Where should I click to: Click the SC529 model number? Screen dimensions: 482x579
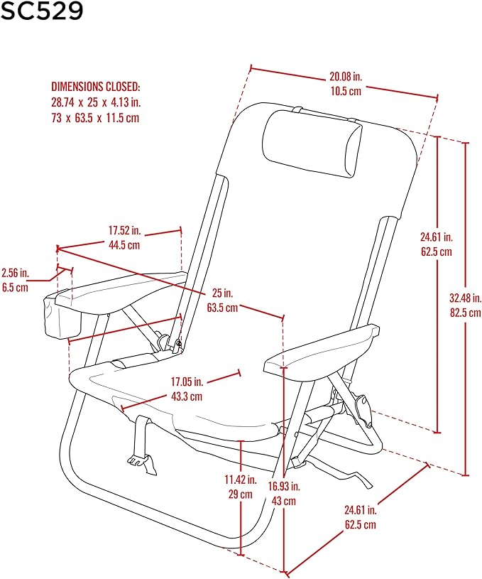click(x=42, y=11)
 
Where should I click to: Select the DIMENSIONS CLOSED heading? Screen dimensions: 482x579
click(x=96, y=87)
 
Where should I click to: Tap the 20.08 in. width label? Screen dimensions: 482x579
click(x=346, y=77)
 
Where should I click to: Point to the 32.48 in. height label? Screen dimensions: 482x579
click(x=466, y=298)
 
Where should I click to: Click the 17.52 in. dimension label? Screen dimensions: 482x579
click(x=124, y=230)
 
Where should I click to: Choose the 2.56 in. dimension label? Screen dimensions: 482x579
click(x=15, y=273)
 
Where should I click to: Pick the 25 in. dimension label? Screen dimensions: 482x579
click(x=223, y=293)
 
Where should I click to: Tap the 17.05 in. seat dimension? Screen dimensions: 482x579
click(x=187, y=382)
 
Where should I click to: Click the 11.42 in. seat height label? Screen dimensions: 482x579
click(x=241, y=480)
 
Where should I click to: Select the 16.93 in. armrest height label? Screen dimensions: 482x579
click(x=284, y=487)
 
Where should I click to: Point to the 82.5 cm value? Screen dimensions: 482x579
click(x=466, y=313)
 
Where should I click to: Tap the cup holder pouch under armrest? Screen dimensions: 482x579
click(x=62, y=317)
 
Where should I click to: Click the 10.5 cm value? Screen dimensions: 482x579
click(x=346, y=91)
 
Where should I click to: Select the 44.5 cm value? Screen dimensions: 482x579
click(x=124, y=245)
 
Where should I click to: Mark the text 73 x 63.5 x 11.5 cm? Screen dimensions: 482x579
click(x=95, y=118)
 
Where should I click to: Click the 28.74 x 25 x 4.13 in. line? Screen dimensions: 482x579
click(x=96, y=102)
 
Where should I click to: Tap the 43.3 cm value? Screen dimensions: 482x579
click(x=187, y=396)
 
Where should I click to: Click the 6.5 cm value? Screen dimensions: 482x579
click(x=15, y=288)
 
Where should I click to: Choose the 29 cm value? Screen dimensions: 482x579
click(x=240, y=494)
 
